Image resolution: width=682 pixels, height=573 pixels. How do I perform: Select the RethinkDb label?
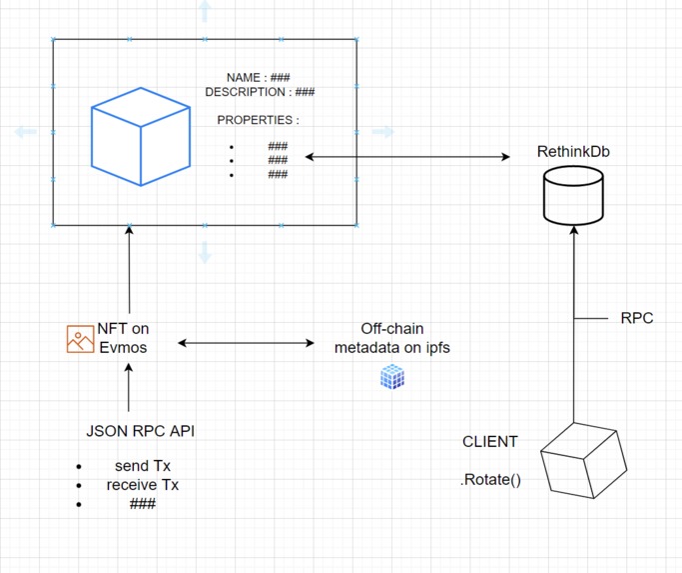[x=573, y=153]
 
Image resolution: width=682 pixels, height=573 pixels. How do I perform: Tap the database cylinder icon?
[x=573, y=195]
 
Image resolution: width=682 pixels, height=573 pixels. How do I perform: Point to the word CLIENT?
[x=490, y=442]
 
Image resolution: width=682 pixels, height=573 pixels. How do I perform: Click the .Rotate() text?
[x=490, y=480]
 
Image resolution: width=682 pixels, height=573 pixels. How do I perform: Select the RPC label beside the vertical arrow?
[x=636, y=318]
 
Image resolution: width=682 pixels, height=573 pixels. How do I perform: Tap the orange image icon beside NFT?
[x=80, y=339]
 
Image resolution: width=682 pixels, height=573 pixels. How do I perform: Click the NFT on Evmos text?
[x=124, y=337]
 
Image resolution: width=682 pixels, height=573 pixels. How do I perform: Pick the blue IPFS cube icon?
[x=392, y=377]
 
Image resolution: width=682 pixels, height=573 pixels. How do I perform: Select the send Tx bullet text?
[x=136, y=467]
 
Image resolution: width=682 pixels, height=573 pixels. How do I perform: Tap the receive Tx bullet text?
[x=143, y=485]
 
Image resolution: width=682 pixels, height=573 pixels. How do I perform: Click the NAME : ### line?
[x=258, y=77]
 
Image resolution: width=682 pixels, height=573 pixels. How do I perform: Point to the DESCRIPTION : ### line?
[x=260, y=92]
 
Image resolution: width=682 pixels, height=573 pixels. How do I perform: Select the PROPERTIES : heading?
[x=258, y=120]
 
